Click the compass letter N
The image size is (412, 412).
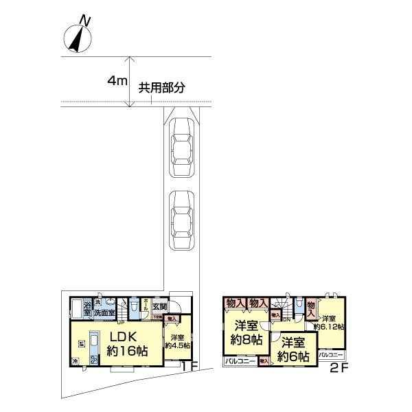(84, 21)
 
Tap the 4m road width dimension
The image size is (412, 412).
(116, 81)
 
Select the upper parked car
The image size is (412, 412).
(183, 147)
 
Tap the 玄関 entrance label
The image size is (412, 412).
(159, 306)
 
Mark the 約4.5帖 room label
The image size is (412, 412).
(176, 341)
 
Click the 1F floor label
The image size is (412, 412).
(190, 367)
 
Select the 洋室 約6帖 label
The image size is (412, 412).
(294, 350)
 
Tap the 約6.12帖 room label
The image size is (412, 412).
(328, 323)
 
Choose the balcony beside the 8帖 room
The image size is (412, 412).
(240, 360)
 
